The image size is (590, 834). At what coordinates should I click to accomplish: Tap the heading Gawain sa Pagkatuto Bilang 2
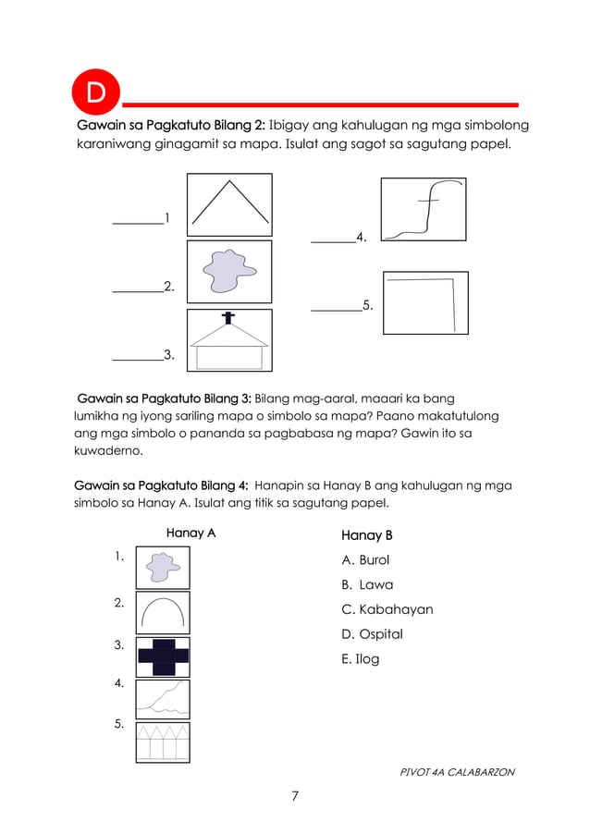(171, 125)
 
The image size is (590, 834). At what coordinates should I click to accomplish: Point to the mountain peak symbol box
(229, 204)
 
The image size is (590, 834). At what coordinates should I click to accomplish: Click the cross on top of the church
(227, 319)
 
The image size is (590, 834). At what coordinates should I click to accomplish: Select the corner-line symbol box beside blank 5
(424, 302)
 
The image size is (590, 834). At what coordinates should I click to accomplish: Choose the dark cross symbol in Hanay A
(163, 656)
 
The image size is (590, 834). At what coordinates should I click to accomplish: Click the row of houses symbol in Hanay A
(163, 742)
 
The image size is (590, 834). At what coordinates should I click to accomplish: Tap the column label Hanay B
(367, 535)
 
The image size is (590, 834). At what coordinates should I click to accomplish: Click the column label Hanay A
(191, 533)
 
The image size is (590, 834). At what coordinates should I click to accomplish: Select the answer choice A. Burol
(365, 560)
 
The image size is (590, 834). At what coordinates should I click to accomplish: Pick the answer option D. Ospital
(372, 634)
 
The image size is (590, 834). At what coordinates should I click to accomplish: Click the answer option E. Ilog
(361, 659)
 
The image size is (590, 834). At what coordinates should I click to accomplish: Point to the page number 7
(295, 796)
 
